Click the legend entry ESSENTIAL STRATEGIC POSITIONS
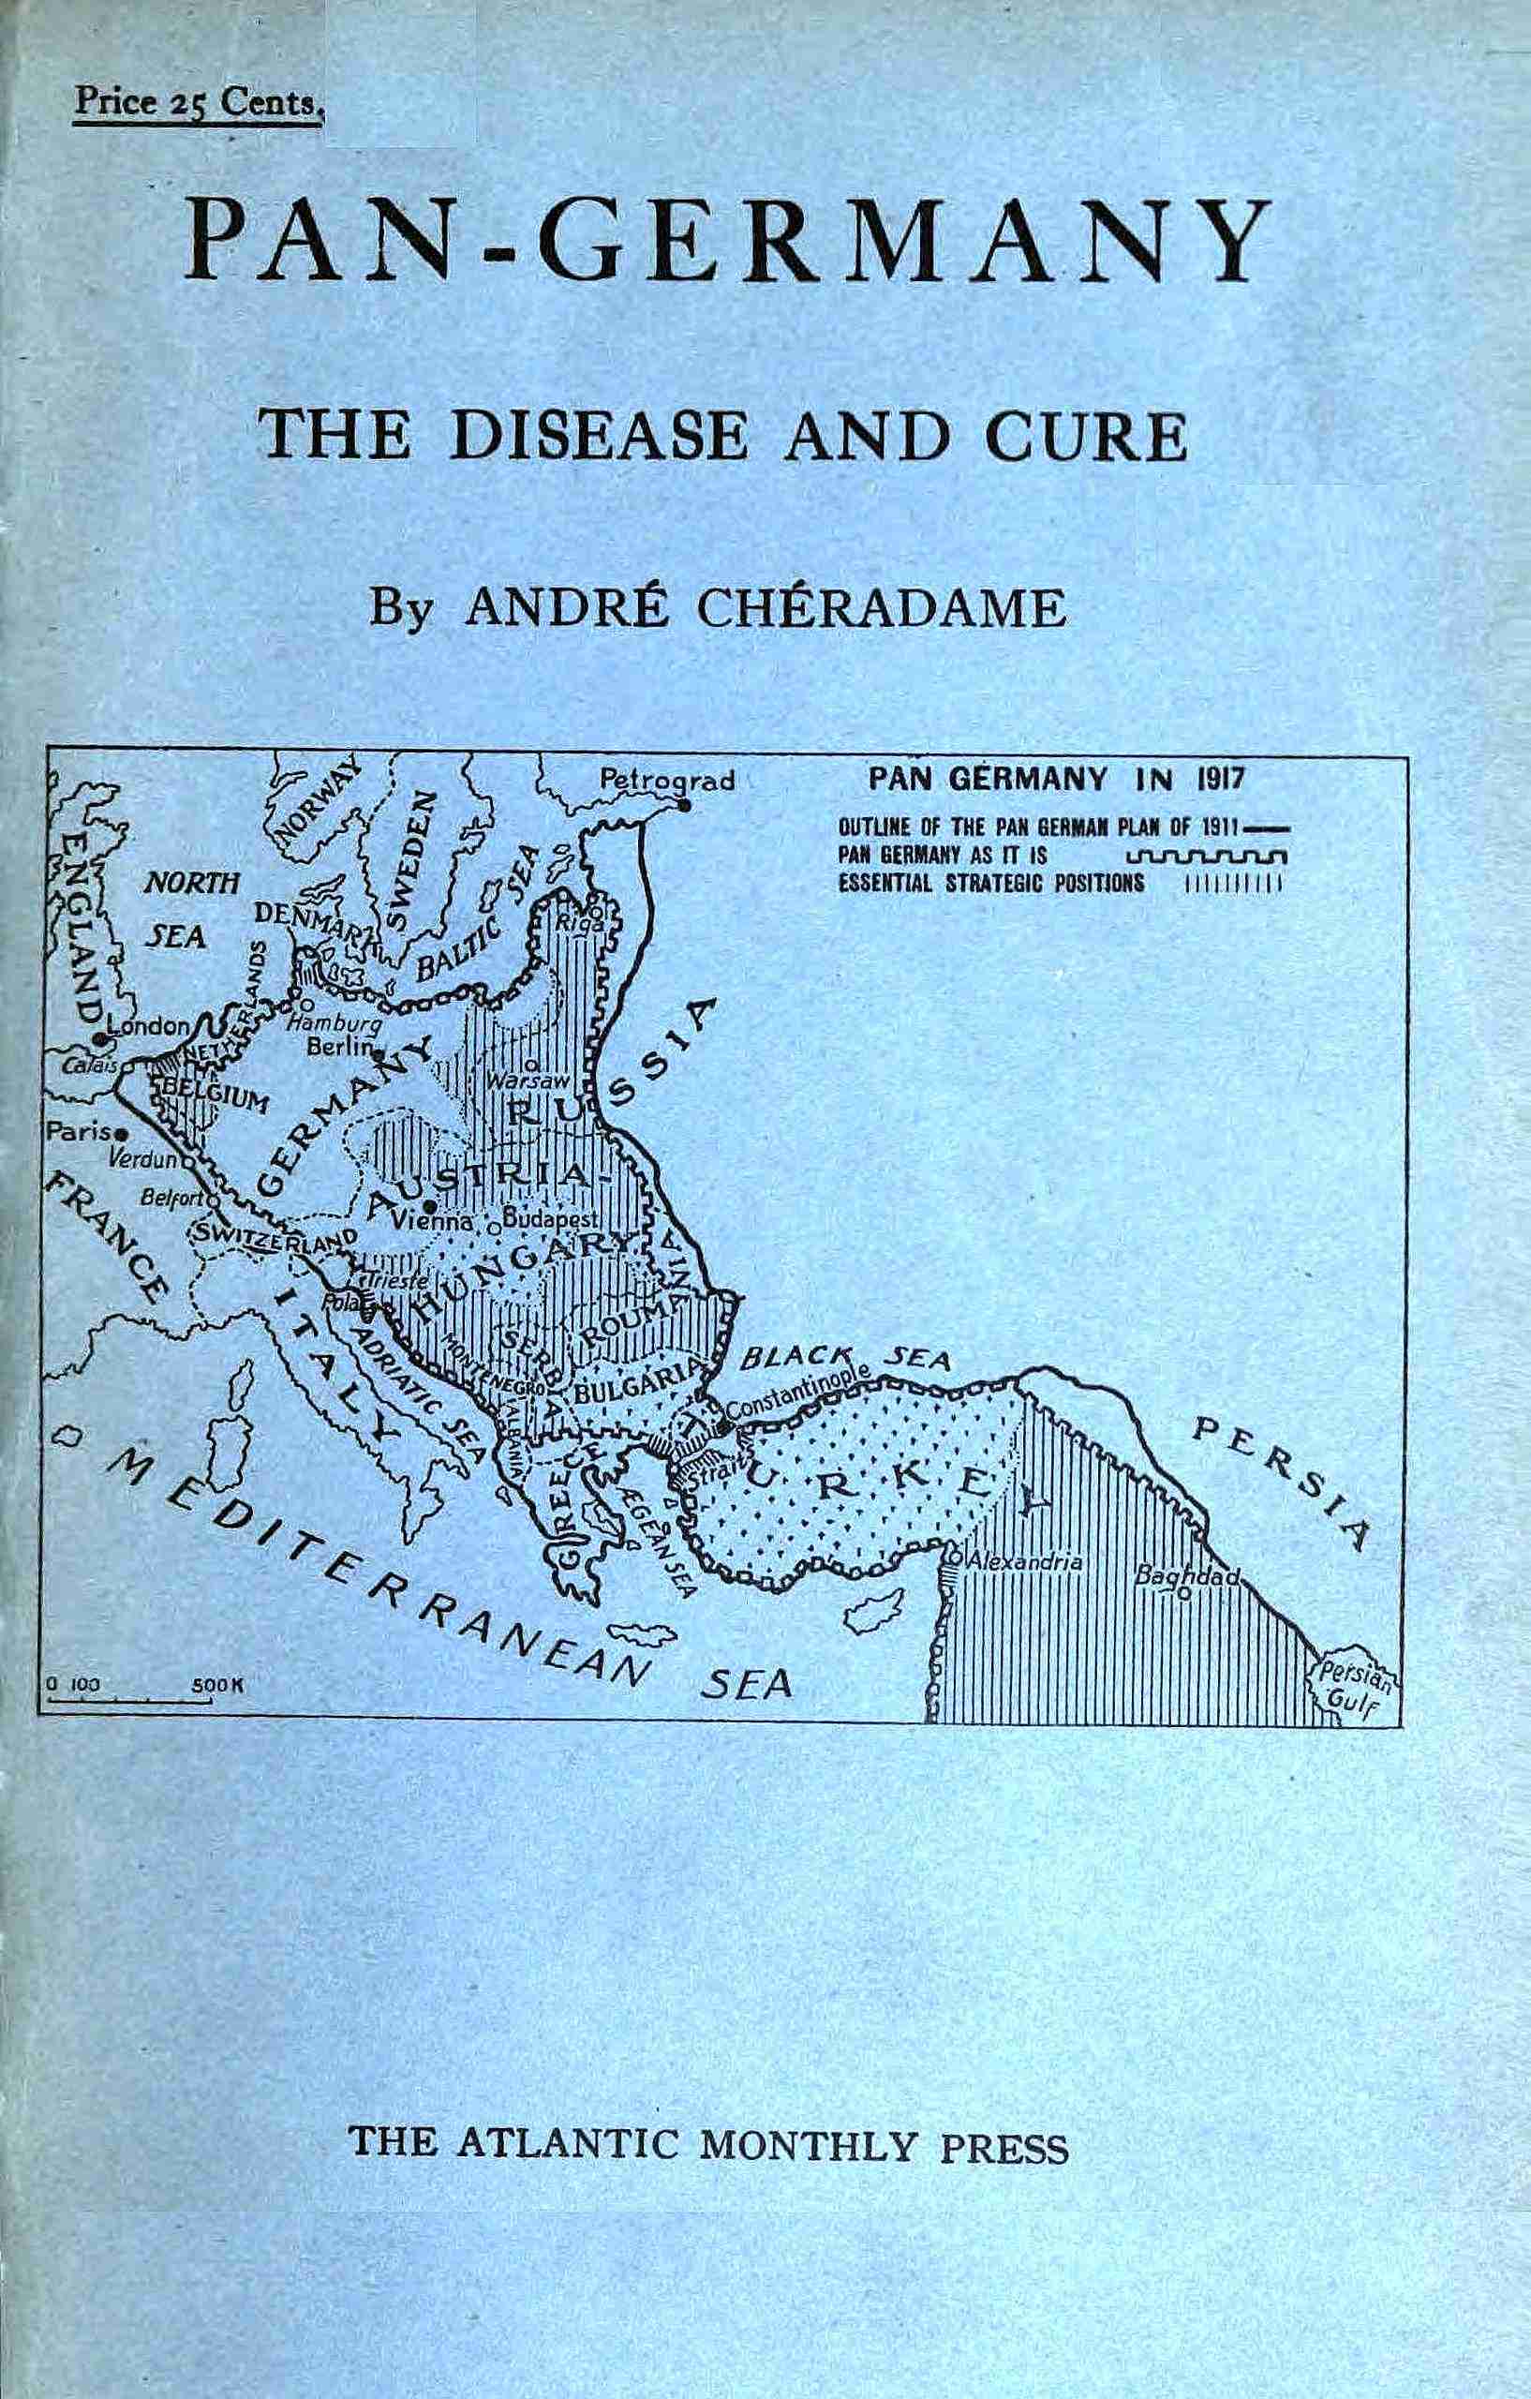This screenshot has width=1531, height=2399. [991, 884]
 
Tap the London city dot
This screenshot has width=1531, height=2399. [99, 1038]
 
